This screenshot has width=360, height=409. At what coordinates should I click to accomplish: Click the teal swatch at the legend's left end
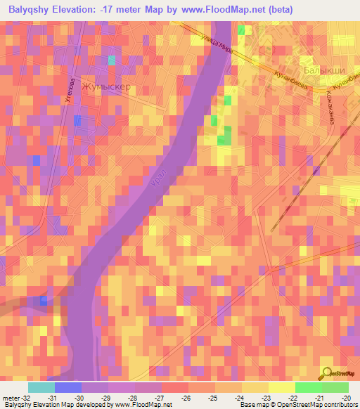41,387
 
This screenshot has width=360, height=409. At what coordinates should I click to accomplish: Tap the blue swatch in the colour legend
67,387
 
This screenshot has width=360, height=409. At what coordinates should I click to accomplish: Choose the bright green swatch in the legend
308,387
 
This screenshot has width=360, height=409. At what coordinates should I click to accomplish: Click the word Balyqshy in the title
33,8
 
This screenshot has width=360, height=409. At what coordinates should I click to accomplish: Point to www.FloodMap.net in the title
226,8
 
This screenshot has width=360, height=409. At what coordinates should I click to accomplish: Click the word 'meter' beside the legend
11,398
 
